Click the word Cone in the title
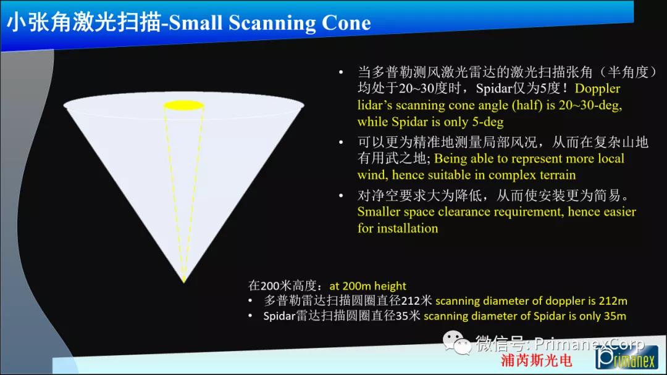coord(346,23)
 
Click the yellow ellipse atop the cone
coord(184,105)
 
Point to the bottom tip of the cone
coord(184,282)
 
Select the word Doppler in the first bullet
coord(597,88)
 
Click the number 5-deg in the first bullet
coord(488,122)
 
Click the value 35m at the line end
coord(615,316)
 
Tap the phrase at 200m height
coord(367,286)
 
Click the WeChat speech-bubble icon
coord(457,342)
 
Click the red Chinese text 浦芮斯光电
coord(536,361)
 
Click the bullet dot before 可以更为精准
coord(341,142)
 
